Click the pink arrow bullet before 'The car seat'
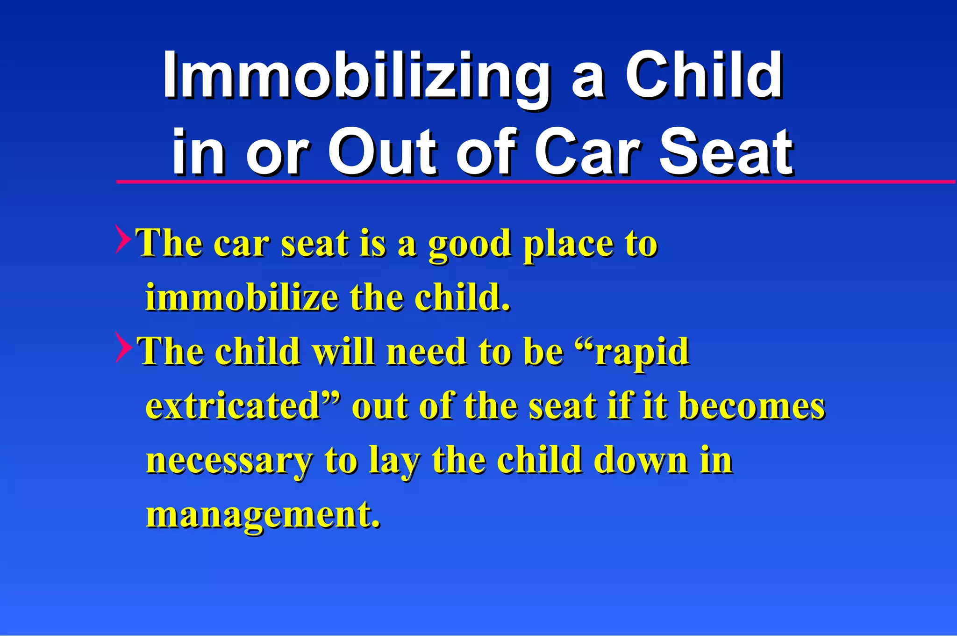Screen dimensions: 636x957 pos(122,239)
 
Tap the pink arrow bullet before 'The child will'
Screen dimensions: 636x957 pos(122,347)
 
